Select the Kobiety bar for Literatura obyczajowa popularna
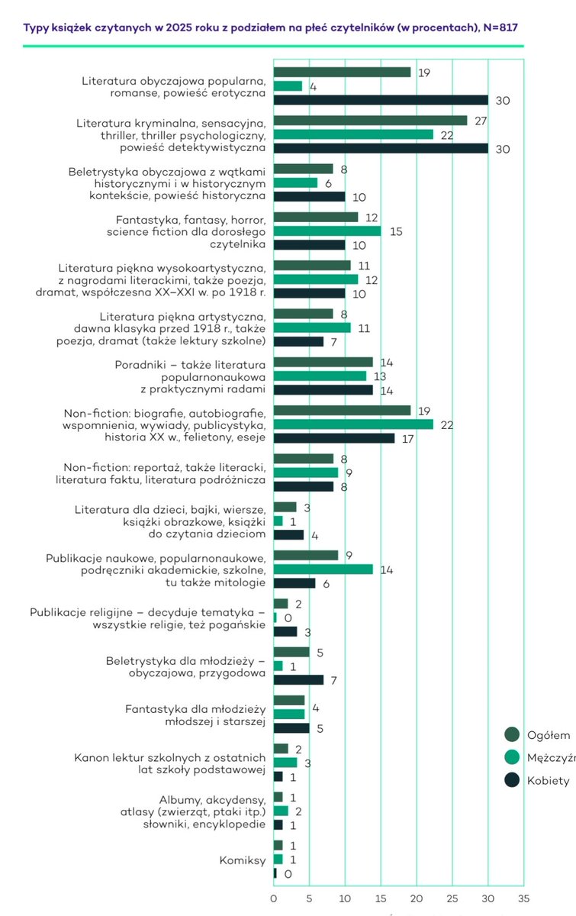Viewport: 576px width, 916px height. tap(381, 100)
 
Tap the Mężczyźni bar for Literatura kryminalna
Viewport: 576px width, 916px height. tap(353, 134)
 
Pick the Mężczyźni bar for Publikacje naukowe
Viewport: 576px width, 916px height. tap(323, 569)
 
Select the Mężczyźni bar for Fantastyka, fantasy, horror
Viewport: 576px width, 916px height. tap(327, 231)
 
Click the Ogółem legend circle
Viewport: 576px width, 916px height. tap(512, 734)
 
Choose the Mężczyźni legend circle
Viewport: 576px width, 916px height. tap(512, 757)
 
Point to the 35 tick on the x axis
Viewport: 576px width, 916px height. tap(523, 889)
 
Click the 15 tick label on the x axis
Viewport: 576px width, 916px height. tap(381, 889)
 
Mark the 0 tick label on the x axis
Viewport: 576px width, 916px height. tap(274, 889)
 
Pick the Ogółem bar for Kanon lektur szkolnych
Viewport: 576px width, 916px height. tap(281, 748)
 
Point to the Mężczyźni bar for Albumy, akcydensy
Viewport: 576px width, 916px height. tap(281, 811)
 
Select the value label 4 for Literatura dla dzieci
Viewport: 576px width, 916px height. tap(313, 534)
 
